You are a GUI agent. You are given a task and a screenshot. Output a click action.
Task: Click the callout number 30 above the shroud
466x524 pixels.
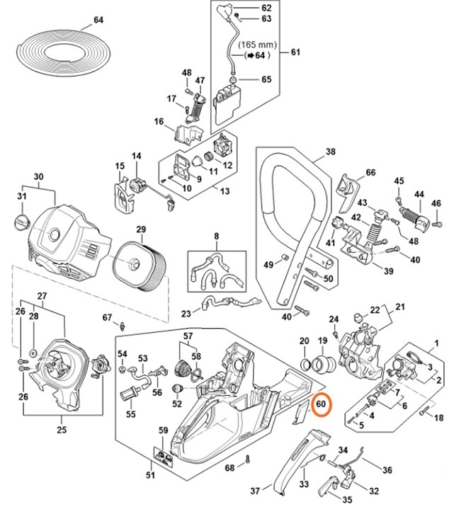38,176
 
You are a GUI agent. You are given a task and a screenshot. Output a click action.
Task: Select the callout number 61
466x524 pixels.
296,52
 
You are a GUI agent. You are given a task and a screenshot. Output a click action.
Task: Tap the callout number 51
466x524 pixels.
150,474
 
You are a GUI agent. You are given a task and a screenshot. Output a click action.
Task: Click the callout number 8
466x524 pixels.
217,235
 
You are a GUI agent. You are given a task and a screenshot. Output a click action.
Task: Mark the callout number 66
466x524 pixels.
370,173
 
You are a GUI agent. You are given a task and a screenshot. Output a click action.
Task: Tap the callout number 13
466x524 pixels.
225,192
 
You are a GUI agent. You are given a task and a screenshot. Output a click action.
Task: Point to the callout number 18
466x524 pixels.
438,418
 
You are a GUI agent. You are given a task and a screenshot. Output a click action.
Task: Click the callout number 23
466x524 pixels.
186,313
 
